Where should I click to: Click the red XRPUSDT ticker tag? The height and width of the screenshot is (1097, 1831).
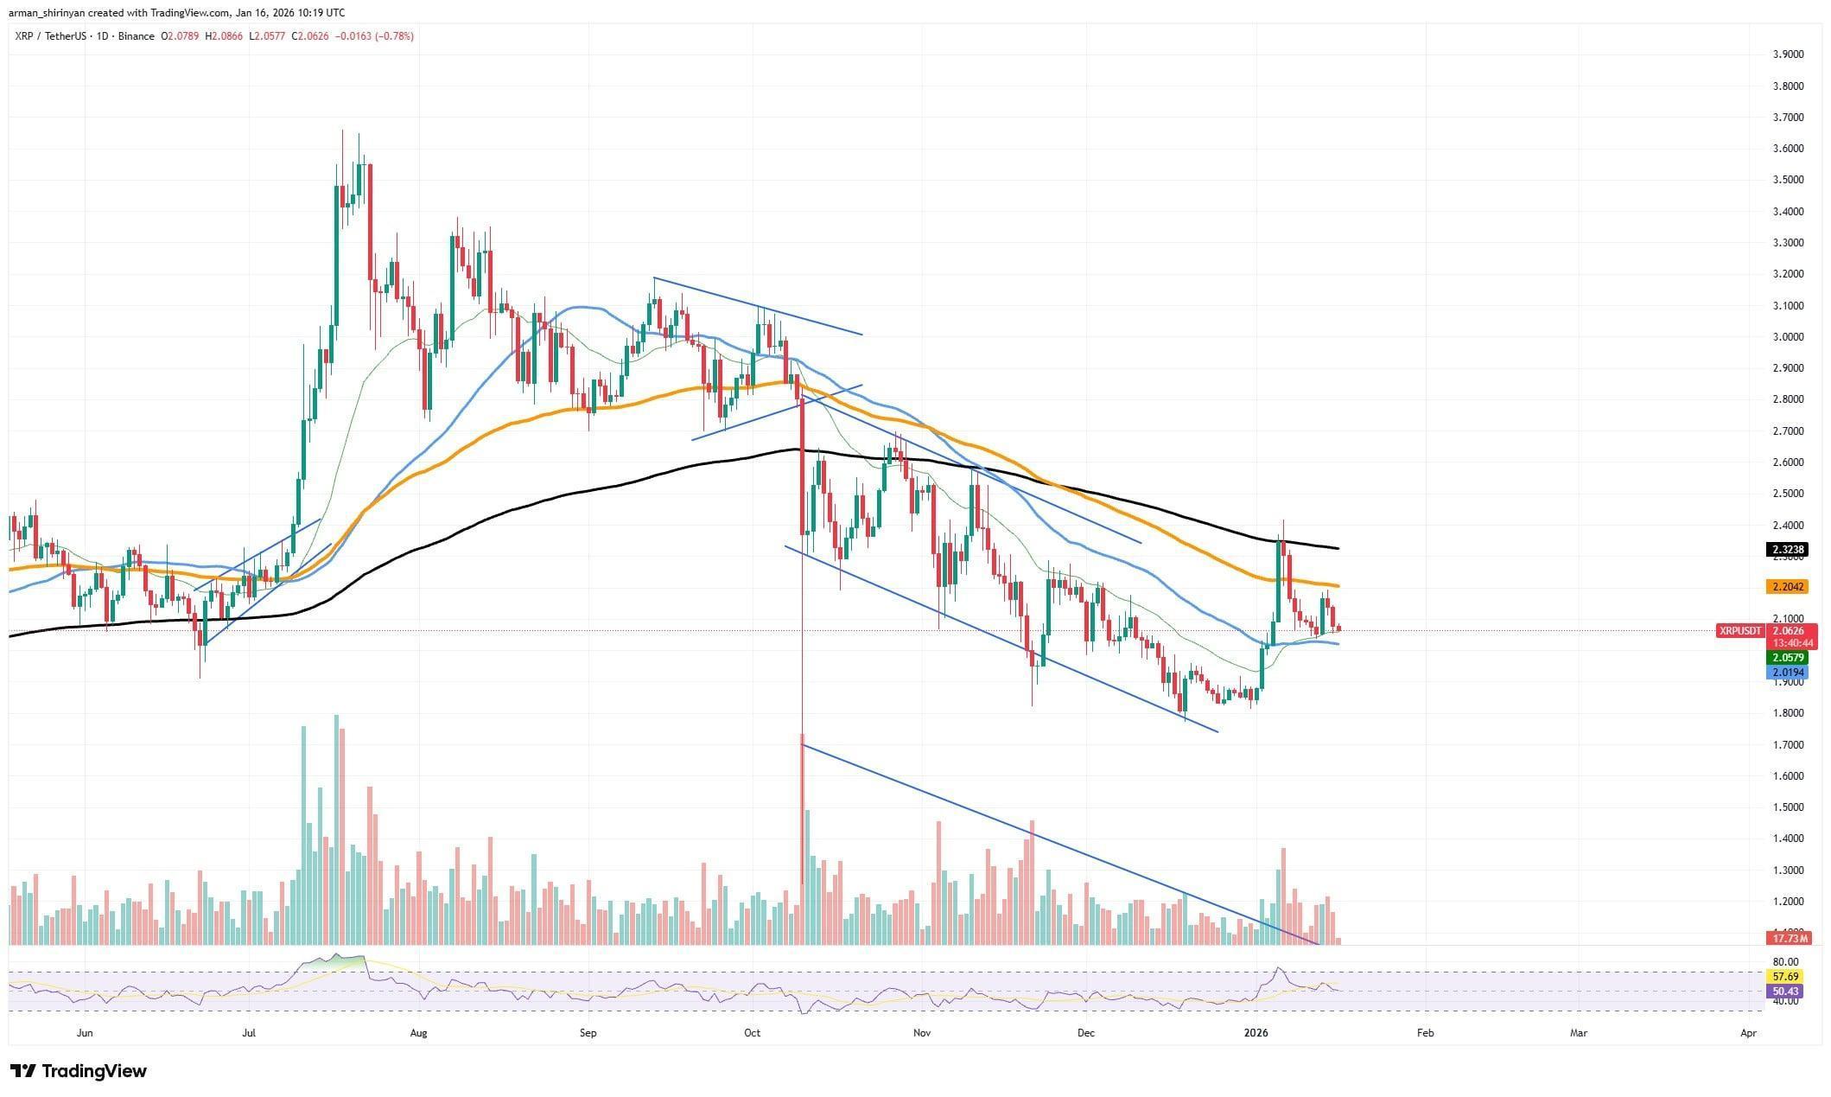point(1740,631)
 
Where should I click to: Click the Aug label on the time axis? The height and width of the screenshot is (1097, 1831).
point(418,1032)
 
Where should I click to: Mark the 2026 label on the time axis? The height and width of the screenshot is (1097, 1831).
point(1255,1032)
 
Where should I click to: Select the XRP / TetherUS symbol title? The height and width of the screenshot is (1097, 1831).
point(49,36)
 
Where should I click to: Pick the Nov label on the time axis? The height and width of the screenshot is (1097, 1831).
point(922,1032)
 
